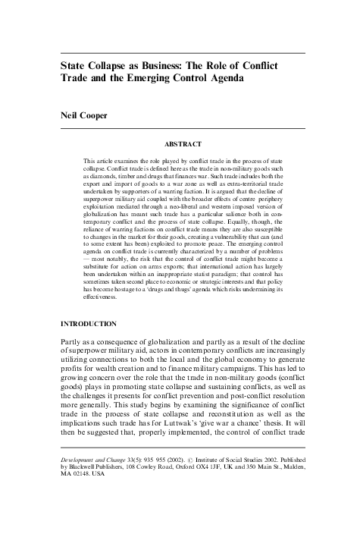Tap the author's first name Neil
70,116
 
